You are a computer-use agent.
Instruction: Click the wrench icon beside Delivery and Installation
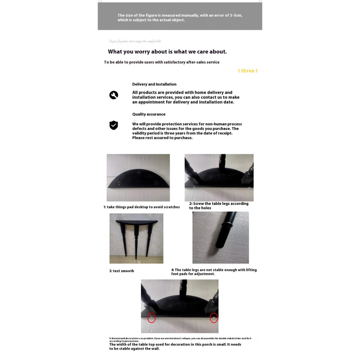[x=114, y=95]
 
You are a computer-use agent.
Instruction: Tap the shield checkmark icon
[x=114, y=125]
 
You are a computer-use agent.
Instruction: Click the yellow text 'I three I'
[x=247, y=71]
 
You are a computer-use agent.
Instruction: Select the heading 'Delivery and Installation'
[x=154, y=84]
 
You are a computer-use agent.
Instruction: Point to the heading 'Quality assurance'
[x=149, y=114]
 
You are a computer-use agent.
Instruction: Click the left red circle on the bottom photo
[x=152, y=318]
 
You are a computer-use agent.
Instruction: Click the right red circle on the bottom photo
[x=214, y=318]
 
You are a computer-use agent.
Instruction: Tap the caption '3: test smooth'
[x=122, y=271]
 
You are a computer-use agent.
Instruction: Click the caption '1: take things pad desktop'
[x=141, y=207]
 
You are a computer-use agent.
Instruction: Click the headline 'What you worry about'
[x=167, y=52]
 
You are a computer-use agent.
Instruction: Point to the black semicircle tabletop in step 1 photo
[x=138, y=179]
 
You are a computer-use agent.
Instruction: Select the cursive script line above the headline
[x=135, y=41]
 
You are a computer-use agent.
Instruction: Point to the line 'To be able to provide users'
[x=162, y=62]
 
